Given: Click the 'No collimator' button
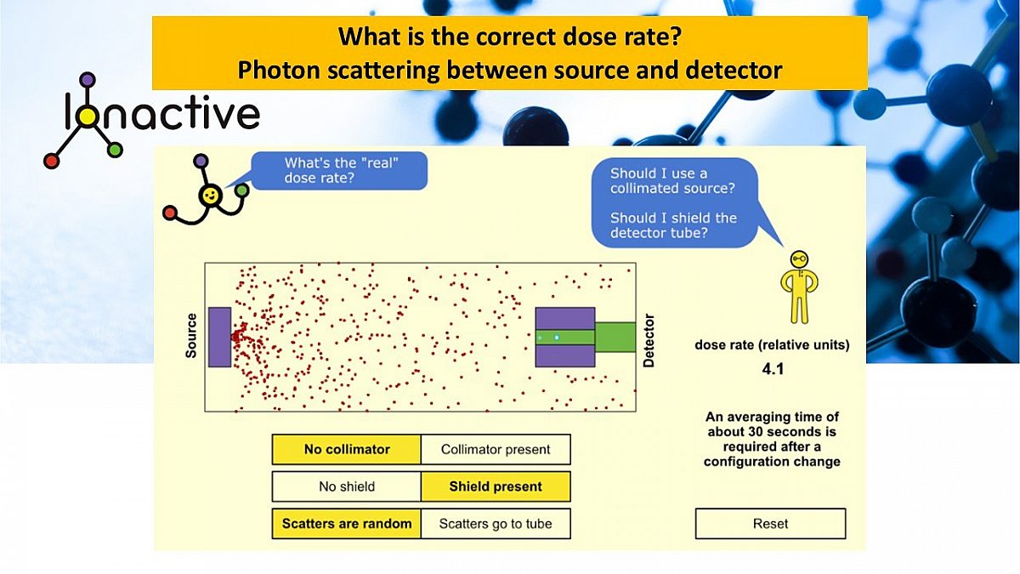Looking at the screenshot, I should click(346, 450).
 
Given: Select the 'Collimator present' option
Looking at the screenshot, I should click(496, 450).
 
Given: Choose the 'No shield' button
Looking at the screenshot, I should click(346, 486).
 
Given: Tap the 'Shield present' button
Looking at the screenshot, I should click(496, 486).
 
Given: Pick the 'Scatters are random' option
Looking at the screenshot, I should click(346, 524).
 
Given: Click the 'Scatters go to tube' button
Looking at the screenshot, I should click(496, 524).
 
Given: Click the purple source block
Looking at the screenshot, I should click(219, 337).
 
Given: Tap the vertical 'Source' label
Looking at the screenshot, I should click(190, 336).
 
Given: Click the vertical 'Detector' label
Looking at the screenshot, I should click(649, 340).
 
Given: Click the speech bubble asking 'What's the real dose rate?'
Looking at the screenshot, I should click(340, 170).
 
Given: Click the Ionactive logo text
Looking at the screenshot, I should click(161, 114).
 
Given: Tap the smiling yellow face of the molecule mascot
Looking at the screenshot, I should click(208, 196).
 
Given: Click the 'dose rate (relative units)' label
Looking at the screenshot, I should click(771, 345).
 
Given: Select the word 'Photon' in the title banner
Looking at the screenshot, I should click(271, 70).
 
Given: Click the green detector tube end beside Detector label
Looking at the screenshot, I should click(615, 337).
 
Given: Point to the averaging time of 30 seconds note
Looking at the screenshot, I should click(771, 439).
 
